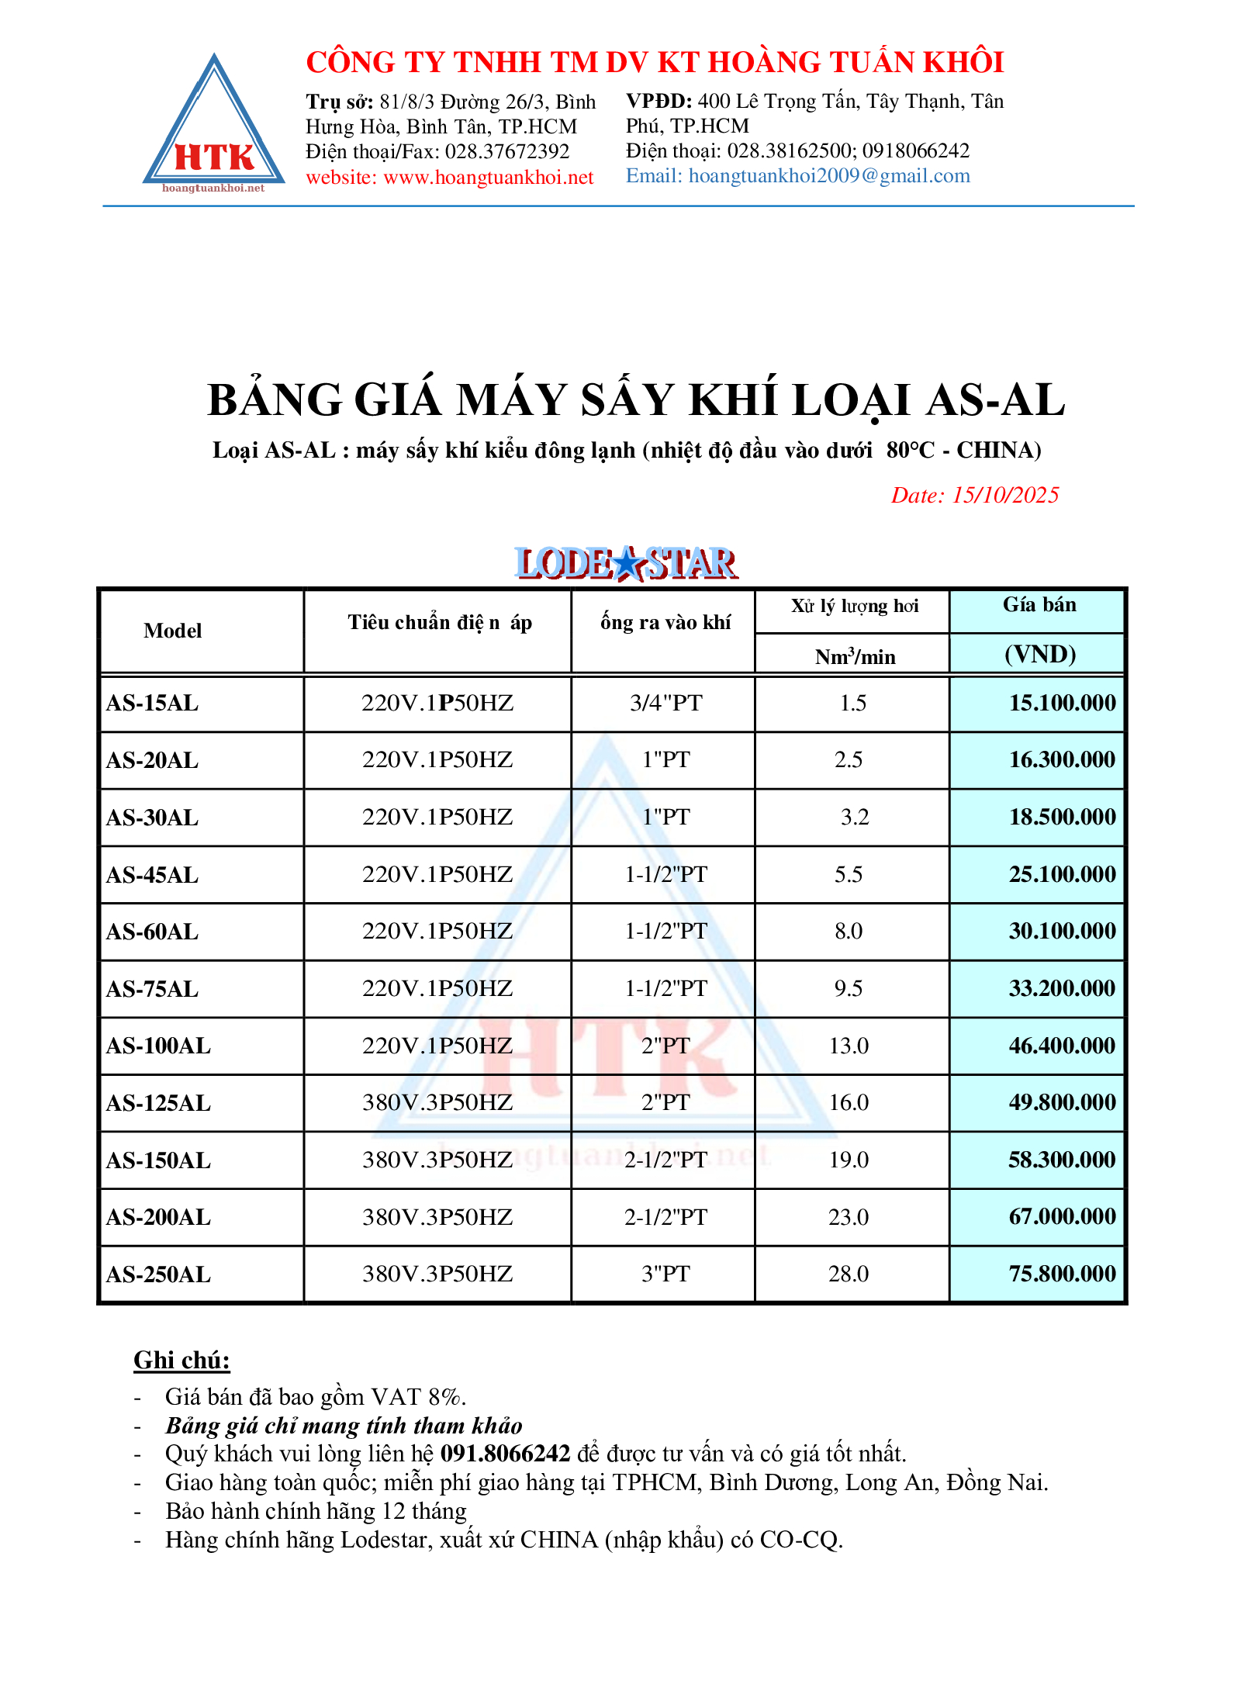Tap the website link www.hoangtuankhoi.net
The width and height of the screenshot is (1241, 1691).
coord(488,178)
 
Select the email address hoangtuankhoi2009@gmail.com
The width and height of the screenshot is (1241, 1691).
coord(828,176)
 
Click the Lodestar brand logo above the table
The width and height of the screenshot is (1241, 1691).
coord(626,563)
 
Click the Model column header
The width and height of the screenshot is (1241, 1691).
coord(172,631)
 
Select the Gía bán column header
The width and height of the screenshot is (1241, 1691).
coord(1039,605)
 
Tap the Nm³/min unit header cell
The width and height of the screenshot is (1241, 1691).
coord(854,657)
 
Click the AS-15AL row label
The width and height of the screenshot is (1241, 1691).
coord(153,704)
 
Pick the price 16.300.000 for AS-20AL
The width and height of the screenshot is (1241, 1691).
coord(1061,760)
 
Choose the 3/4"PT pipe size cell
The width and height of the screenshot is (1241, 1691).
coord(665,704)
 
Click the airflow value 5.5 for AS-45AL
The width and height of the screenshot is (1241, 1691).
coord(849,875)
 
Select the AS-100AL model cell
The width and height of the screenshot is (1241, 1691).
coord(158,1046)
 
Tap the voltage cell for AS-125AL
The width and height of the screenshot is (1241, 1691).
coord(437,1103)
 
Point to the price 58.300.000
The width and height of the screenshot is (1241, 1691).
coord(1061,1160)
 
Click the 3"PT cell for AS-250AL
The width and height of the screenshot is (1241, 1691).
coord(665,1274)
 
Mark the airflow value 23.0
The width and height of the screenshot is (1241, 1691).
coord(849,1217)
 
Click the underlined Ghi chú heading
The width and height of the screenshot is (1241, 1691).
coord(181,1360)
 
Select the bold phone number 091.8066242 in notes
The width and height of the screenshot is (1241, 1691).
coord(505,1454)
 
